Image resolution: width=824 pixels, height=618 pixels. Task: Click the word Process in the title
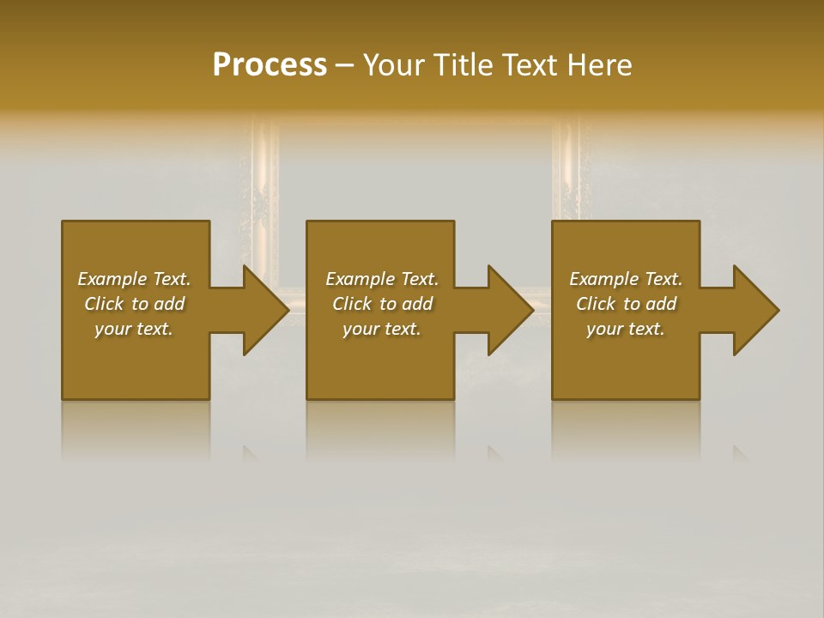click(270, 65)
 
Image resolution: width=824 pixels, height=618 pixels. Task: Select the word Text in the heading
click(530, 65)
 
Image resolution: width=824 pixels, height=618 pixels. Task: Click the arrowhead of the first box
click(264, 310)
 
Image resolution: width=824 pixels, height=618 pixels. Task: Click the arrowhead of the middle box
click(510, 310)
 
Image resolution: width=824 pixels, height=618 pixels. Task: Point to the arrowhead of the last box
click(755, 310)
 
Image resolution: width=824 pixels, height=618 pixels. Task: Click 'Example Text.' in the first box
click(134, 279)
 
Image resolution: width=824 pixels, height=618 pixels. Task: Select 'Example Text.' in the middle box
click(382, 279)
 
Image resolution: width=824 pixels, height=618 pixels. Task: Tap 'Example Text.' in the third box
click(626, 279)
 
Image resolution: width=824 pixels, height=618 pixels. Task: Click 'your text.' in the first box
click(134, 329)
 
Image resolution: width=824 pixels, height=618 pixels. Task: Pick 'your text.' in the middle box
click(382, 329)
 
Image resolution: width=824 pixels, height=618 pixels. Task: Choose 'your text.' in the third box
click(626, 329)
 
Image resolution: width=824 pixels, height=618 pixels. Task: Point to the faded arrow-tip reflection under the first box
click(251, 453)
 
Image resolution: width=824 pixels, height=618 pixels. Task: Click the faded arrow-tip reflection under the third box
click(740, 453)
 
